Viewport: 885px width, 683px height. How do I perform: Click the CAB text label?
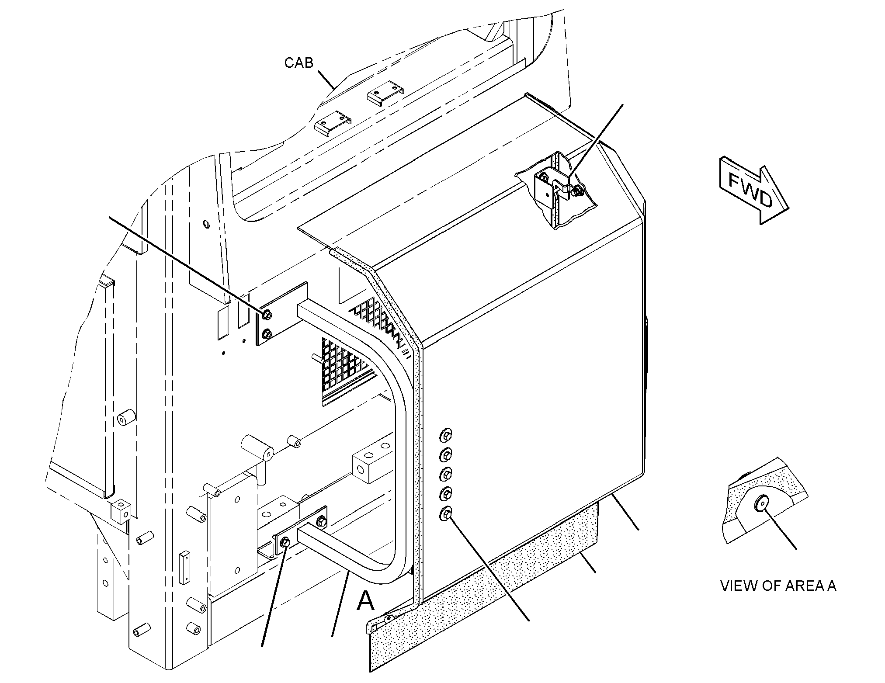[299, 63]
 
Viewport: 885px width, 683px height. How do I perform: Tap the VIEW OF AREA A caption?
[778, 586]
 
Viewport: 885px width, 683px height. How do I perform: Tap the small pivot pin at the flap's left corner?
[388, 618]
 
